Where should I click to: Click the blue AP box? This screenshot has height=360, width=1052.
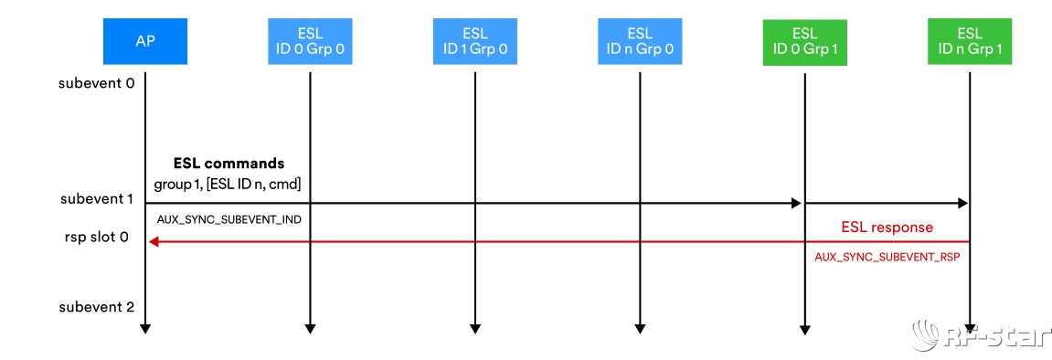pos(144,42)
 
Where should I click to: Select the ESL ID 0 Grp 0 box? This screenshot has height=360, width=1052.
pos(310,42)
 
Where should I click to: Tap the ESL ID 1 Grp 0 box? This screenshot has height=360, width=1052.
pos(474,42)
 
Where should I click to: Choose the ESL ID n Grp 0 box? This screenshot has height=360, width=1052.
pos(639,42)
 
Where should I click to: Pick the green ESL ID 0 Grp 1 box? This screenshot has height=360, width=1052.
pos(804,42)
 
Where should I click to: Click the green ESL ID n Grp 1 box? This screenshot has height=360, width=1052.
pos(969,42)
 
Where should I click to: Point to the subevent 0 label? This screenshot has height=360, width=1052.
pos(97,83)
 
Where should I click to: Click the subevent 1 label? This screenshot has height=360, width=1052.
pos(97,198)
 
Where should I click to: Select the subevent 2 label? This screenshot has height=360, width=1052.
pos(97,306)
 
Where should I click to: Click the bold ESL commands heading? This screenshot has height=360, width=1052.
pos(228,164)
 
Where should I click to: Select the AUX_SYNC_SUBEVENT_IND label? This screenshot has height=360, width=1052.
pos(229,221)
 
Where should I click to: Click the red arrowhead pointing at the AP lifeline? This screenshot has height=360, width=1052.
pos(154,241)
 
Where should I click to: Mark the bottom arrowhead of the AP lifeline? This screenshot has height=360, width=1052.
pos(144,327)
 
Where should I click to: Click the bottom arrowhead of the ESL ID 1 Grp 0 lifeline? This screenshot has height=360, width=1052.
pos(474,327)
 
